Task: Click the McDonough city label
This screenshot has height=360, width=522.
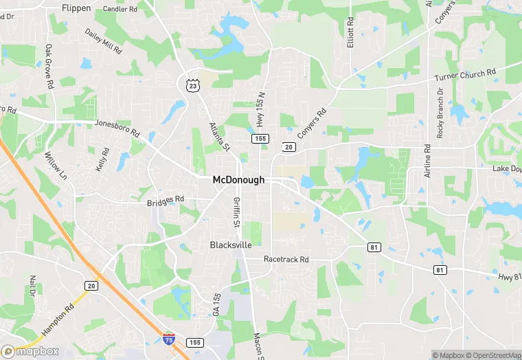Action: (x=238, y=179)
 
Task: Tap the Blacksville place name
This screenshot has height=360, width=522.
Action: (x=231, y=245)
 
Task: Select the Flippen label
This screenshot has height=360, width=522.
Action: (x=76, y=8)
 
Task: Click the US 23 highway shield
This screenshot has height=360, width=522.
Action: (x=193, y=83)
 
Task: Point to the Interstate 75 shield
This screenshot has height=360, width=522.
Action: (x=169, y=339)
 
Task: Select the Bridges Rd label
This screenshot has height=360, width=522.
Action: (x=166, y=199)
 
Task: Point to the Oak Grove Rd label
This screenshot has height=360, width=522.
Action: (x=49, y=67)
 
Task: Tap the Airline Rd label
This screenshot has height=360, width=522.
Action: (x=427, y=161)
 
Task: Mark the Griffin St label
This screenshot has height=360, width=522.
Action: (x=236, y=213)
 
